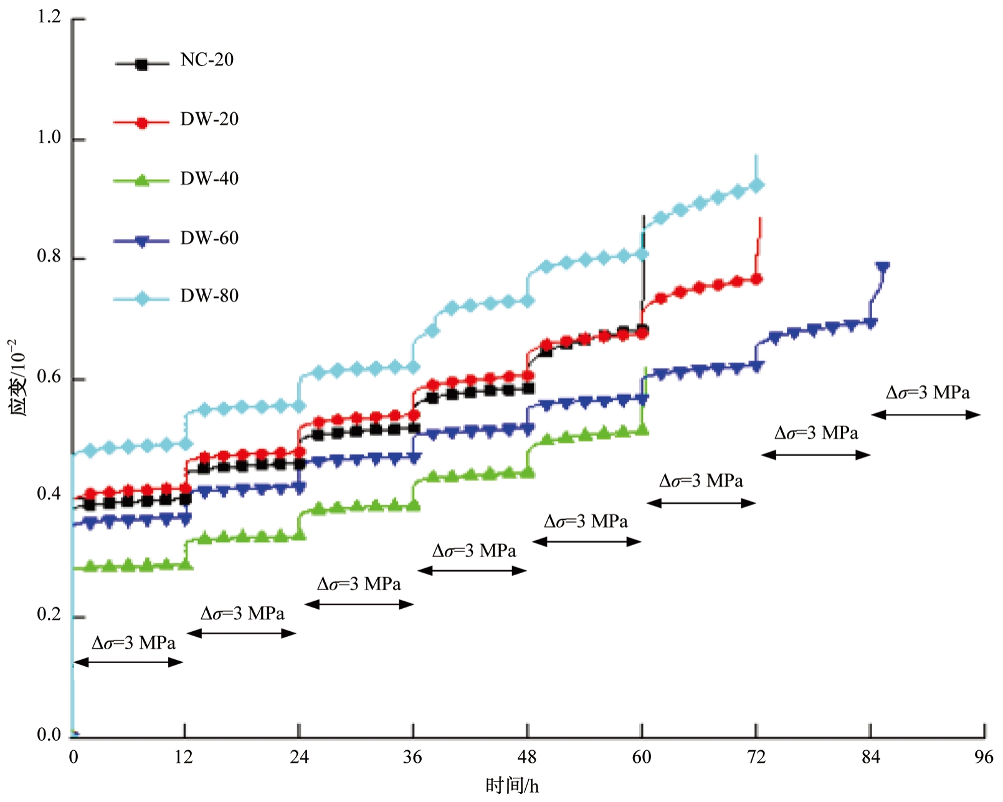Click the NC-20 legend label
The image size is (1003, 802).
tap(207, 60)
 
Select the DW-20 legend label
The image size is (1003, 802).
tap(209, 119)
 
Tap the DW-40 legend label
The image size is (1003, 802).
tap(209, 179)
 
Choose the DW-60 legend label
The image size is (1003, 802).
tap(209, 238)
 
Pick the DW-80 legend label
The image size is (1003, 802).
tap(209, 295)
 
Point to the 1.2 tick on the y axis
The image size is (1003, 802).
tap(49, 17)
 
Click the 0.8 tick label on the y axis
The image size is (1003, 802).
tap(49, 257)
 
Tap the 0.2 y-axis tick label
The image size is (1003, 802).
tap(49, 615)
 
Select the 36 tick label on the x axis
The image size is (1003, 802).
tap(412, 757)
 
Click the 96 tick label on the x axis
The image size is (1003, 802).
tap(984, 757)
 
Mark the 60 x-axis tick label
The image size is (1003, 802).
tap(642, 757)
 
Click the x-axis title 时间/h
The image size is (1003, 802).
tap(512, 786)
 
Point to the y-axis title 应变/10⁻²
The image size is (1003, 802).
tap(18, 377)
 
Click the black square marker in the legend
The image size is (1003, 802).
tap(141, 64)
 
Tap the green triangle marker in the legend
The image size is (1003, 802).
tap(141, 181)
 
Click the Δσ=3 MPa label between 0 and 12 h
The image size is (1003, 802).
tap(133, 643)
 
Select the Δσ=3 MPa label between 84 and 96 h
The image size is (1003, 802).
tap(928, 393)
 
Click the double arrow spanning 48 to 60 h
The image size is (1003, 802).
tap(586, 542)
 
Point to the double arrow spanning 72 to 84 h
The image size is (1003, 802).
tap(815, 455)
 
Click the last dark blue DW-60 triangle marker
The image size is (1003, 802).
tap(882, 267)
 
